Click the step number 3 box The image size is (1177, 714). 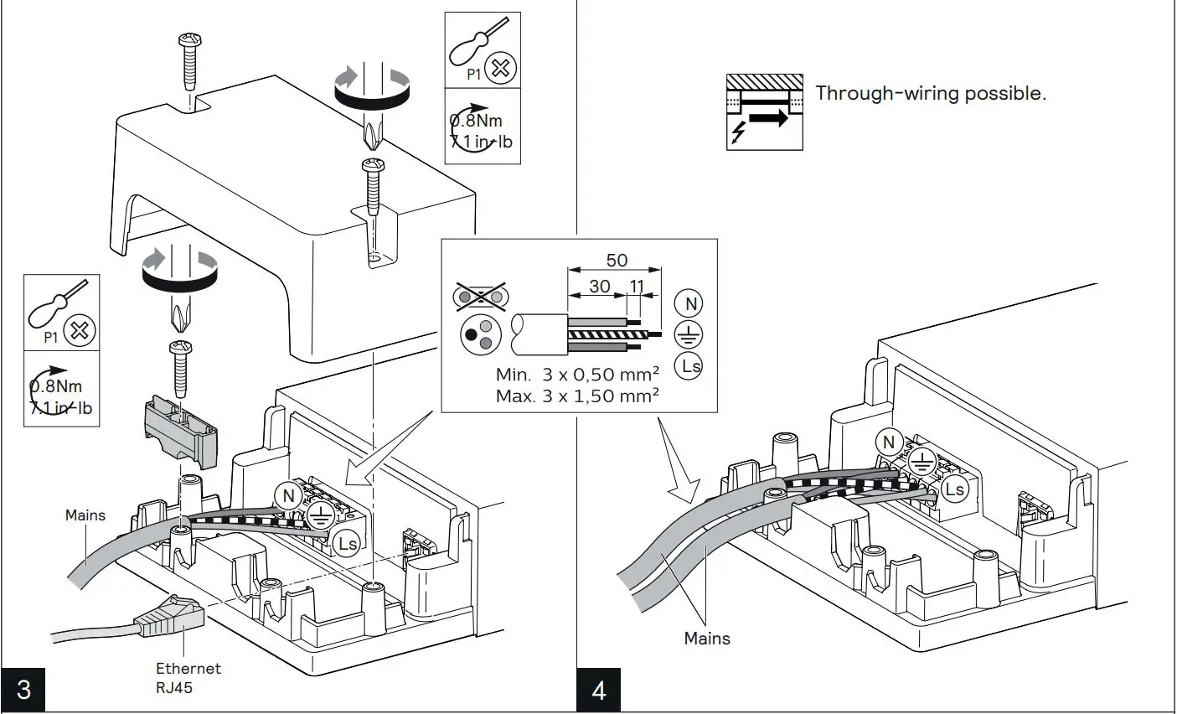(x=23, y=690)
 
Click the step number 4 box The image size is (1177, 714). (x=599, y=690)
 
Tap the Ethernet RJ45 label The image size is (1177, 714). (x=188, y=678)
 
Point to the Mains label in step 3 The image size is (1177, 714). (x=85, y=515)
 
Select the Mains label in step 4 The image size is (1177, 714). (x=707, y=639)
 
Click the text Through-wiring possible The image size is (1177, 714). (x=931, y=93)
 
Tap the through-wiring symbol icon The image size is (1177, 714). (x=764, y=111)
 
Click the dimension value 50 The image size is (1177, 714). (x=617, y=260)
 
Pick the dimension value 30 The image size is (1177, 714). (x=599, y=287)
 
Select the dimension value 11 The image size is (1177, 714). (x=637, y=287)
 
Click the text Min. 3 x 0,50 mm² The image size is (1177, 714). (x=577, y=375)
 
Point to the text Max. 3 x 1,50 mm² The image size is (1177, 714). (x=577, y=396)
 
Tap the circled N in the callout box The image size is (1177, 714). (x=689, y=304)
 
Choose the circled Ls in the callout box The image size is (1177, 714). (x=689, y=365)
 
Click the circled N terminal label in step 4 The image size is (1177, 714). (x=889, y=442)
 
